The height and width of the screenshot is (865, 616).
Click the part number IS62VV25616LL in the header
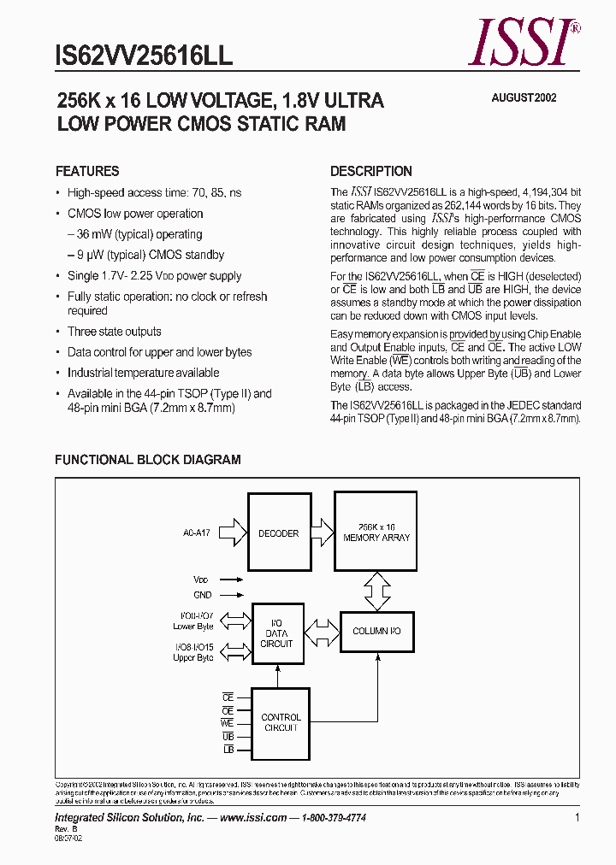point(144,56)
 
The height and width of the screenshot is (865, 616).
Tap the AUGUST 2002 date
point(524,97)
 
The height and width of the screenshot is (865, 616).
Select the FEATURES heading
point(87,171)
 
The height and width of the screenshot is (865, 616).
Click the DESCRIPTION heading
point(371,171)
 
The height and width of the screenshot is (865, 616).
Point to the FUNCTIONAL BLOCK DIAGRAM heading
point(148,460)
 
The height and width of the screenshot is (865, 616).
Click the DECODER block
point(278,533)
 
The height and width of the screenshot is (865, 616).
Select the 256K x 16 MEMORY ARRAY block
point(376,532)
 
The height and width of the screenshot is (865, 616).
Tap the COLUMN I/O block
point(376,631)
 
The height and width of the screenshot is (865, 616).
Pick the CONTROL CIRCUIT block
point(281,722)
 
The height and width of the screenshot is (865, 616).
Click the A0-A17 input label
point(195,533)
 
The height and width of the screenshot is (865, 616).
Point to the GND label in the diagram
point(203,595)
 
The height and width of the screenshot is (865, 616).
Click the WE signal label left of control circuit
point(228,723)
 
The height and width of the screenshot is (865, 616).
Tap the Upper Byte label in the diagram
point(192,658)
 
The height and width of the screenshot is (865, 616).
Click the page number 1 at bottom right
point(577,818)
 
